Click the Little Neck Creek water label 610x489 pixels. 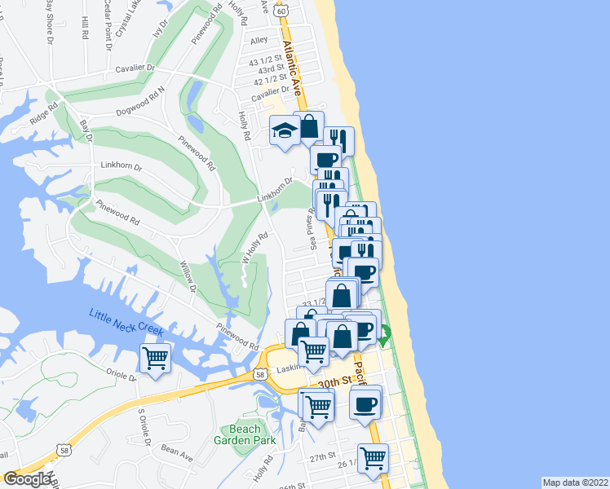coord(126,324)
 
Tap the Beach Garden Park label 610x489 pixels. coord(245,434)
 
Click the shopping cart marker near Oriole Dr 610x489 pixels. coord(155,358)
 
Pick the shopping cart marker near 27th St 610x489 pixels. coord(373,458)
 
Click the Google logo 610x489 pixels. coord(27,479)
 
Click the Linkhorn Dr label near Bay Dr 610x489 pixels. coord(121,165)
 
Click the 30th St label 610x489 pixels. coord(334,381)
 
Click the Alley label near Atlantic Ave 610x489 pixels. coord(259,40)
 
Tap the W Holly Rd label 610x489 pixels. coord(255,249)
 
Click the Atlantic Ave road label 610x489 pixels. coord(290,65)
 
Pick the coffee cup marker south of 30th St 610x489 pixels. coord(365,403)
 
